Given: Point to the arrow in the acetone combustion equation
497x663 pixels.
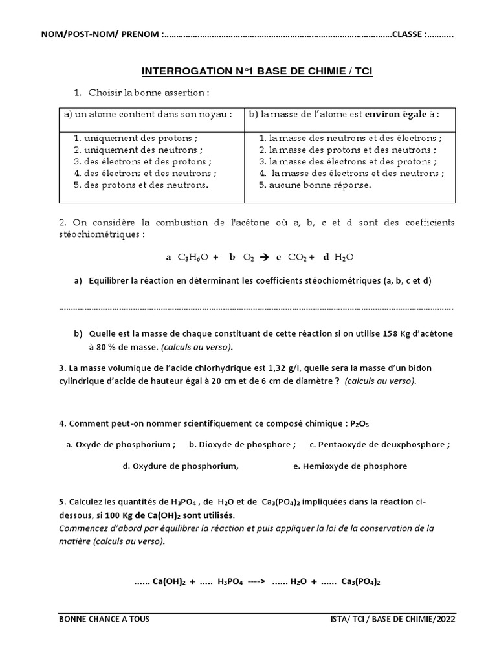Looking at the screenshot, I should (263, 257).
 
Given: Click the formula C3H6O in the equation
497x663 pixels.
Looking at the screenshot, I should (193, 258).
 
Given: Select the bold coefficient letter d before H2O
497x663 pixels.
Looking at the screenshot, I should (326, 257).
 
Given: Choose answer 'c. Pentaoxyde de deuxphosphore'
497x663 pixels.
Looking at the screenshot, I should (379, 445).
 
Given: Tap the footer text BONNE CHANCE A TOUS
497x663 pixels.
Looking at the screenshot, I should (104, 619).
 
